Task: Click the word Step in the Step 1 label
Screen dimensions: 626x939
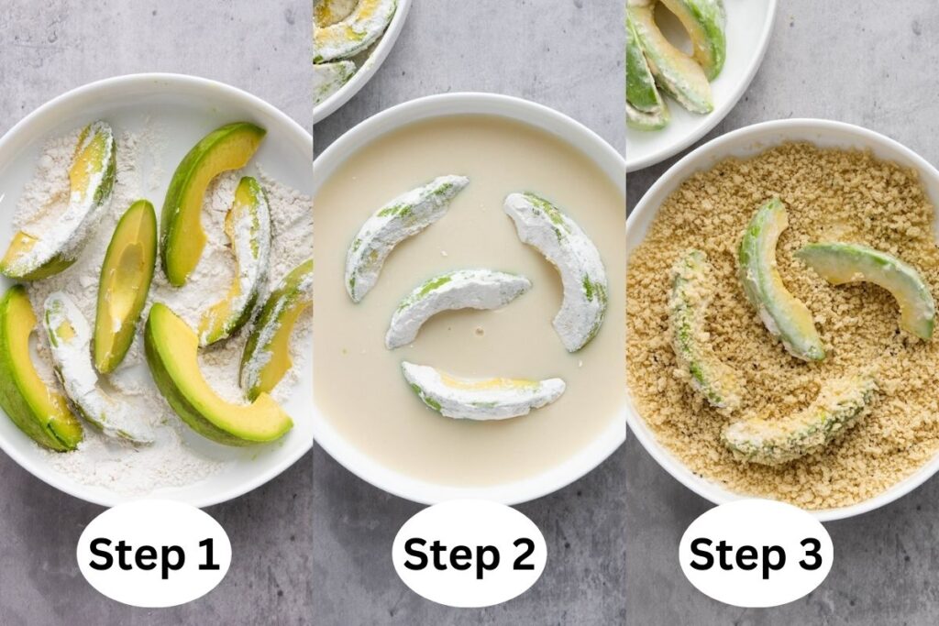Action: (x=136, y=555)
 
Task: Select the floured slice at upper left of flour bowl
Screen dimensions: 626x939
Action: (x=64, y=206)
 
